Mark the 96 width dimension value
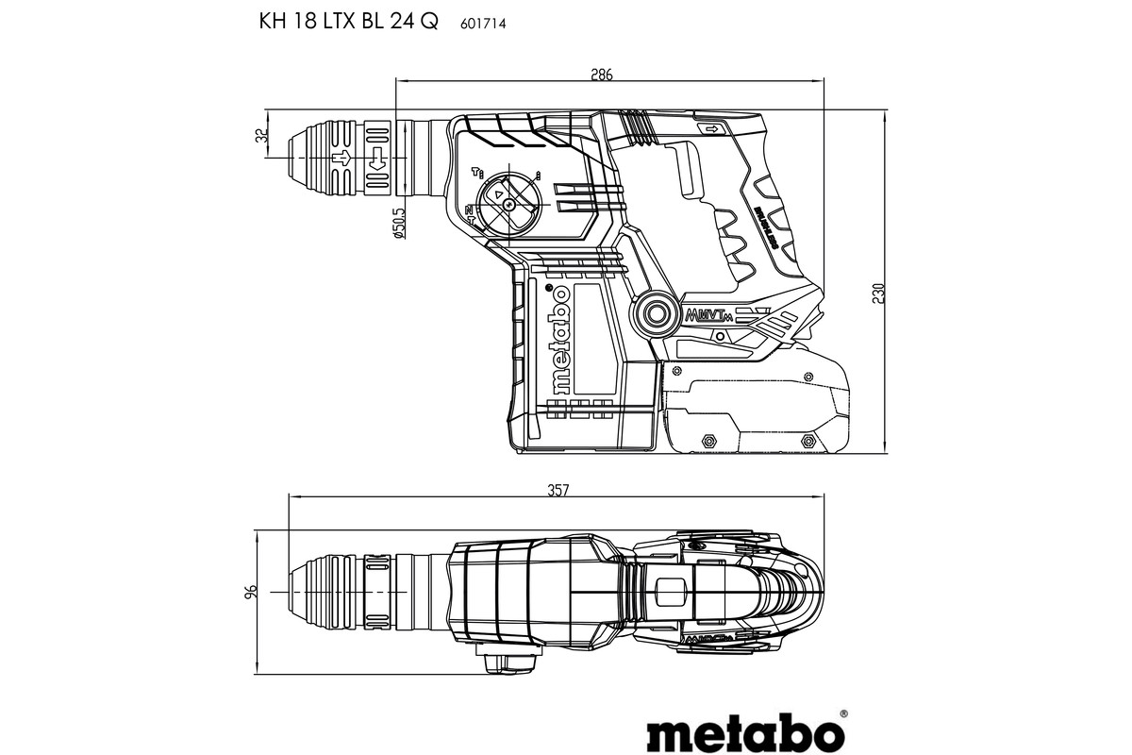tap(251, 593)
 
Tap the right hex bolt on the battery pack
tap(807, 441)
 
